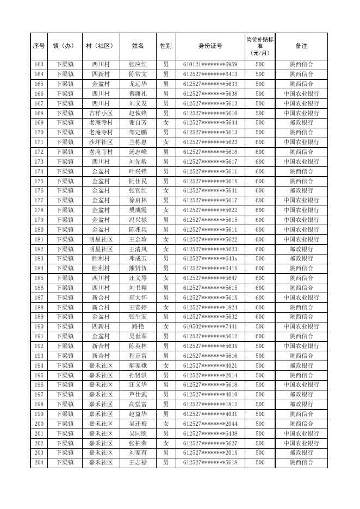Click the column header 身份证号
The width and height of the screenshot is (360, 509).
210,46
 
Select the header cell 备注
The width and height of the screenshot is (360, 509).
301,46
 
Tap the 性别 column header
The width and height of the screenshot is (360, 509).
165,46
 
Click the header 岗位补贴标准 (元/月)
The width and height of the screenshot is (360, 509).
260,46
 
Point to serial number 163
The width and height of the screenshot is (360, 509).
39,64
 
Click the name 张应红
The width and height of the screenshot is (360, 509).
138,64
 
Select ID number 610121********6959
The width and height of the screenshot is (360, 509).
210,64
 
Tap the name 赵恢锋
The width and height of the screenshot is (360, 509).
138,113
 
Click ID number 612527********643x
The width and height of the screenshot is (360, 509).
210,258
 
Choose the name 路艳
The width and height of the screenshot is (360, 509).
138,326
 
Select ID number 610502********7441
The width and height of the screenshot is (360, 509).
210,326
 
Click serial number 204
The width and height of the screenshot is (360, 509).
39,462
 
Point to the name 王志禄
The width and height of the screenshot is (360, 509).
138,462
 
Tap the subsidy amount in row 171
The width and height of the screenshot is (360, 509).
260,142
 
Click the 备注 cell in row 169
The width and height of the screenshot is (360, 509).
301,123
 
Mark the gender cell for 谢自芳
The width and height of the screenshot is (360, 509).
165,123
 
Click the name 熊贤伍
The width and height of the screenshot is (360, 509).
138,268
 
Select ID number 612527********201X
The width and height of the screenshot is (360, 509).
210,452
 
